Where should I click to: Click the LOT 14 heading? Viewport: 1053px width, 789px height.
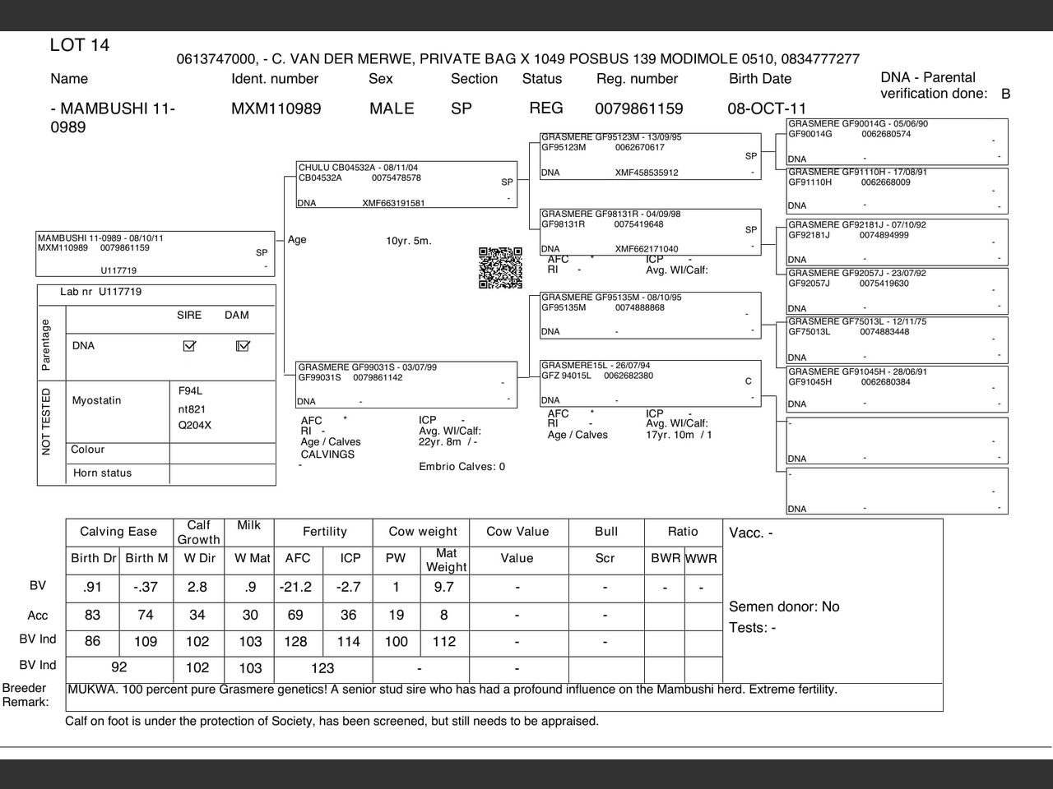pos(80,45)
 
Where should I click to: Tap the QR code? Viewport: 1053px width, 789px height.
pos(500,268)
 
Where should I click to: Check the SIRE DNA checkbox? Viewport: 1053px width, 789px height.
pos(189,346)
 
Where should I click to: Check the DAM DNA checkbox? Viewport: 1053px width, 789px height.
pos(243,346)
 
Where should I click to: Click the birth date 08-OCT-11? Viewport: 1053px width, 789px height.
pos(767,108)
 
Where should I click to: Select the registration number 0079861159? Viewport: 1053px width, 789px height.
pos(638,108)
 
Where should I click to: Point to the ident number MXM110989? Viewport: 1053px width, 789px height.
pos(276,108)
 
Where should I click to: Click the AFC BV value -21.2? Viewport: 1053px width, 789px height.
pos(296,587)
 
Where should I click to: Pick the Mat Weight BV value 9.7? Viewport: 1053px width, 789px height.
pos(444,587)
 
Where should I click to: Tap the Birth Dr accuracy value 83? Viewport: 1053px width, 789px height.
pos(92,615)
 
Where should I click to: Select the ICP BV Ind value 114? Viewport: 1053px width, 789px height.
pos(349,642)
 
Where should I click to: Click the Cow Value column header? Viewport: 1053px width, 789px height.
pos(517,532)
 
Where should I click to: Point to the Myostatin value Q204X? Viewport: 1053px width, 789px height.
pos(195,426)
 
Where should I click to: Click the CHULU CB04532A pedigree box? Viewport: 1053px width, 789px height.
pos(406,185)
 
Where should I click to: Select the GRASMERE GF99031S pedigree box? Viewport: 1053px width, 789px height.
pos(406,384)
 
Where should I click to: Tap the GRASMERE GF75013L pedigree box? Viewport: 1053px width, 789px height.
pos(897,339)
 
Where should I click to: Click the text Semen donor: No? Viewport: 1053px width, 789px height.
pos(784,607)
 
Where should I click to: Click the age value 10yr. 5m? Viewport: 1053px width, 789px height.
pos(409,241)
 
